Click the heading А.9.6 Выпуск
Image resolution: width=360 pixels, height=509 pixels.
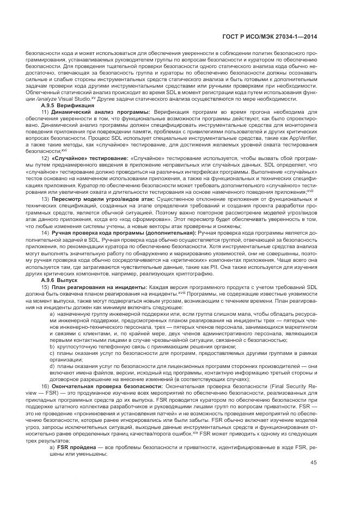pos(60,280)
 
